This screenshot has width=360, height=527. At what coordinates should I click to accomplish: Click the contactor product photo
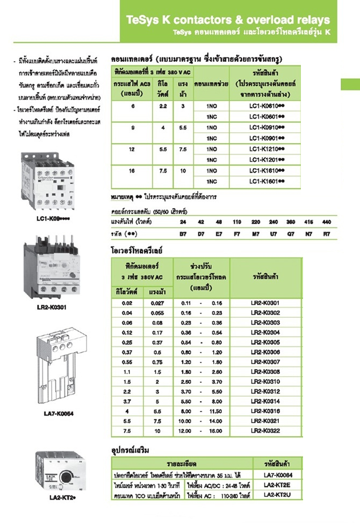pos(49,183)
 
